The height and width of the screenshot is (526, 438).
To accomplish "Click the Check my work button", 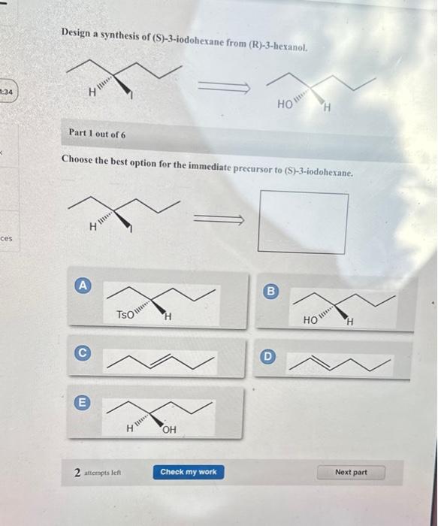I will click(188, 472).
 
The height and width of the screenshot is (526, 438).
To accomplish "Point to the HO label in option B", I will click(311, 320).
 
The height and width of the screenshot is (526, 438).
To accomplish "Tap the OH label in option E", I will click(169, 430).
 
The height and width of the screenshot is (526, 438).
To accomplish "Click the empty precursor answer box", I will click(303, 222).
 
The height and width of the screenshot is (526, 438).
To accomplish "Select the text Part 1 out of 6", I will click(97, 134).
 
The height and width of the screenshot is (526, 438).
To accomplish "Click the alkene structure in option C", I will click(161, 360).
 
